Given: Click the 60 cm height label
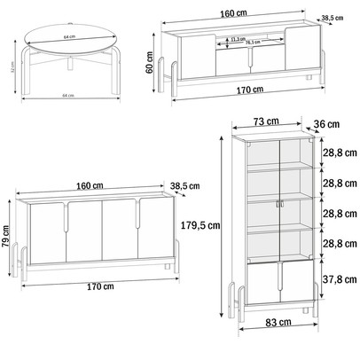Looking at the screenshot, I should point(150,64).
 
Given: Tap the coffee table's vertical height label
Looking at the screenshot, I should point(7,67).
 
